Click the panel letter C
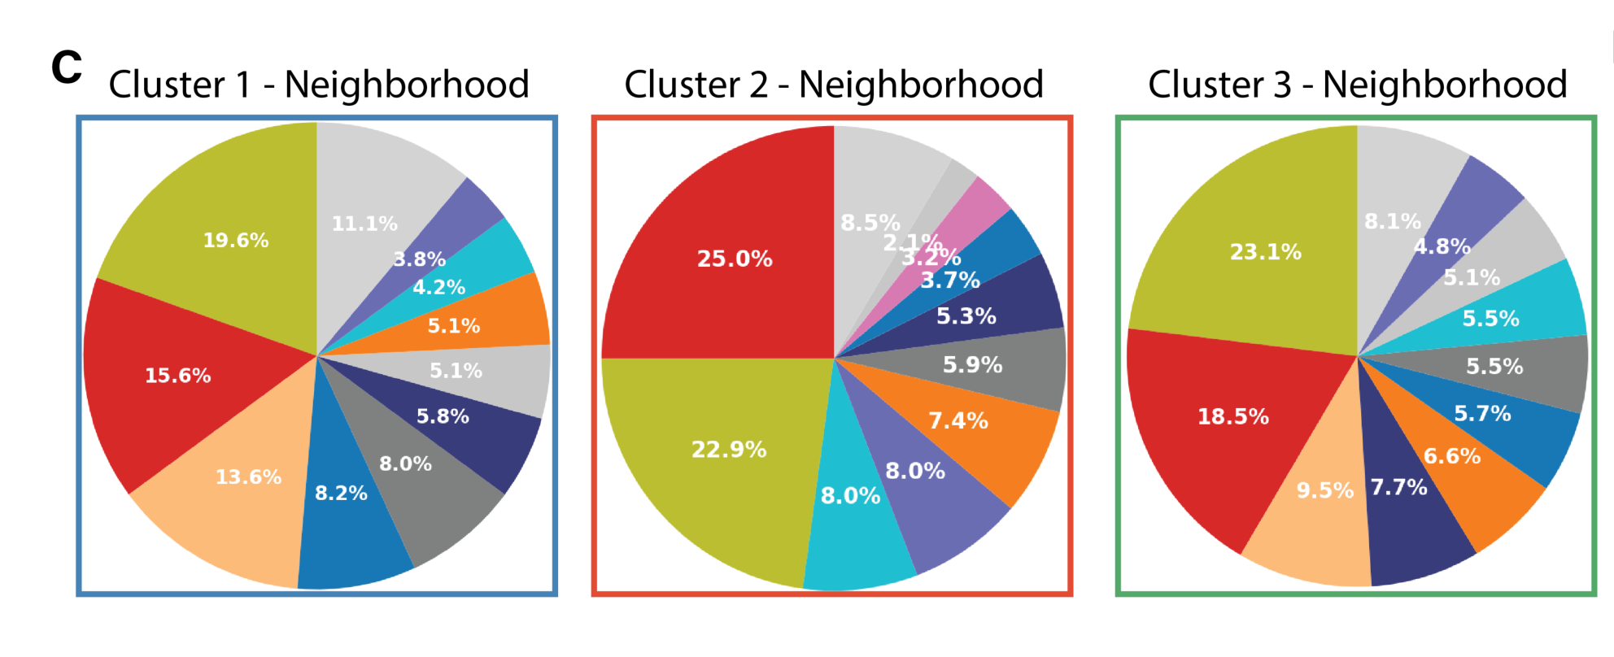67,67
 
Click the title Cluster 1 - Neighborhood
319,85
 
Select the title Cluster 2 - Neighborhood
834,85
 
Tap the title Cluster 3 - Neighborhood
1357,85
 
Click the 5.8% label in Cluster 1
443,416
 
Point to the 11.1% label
364,224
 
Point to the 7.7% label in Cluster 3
1398,487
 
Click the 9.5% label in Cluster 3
1324,490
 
